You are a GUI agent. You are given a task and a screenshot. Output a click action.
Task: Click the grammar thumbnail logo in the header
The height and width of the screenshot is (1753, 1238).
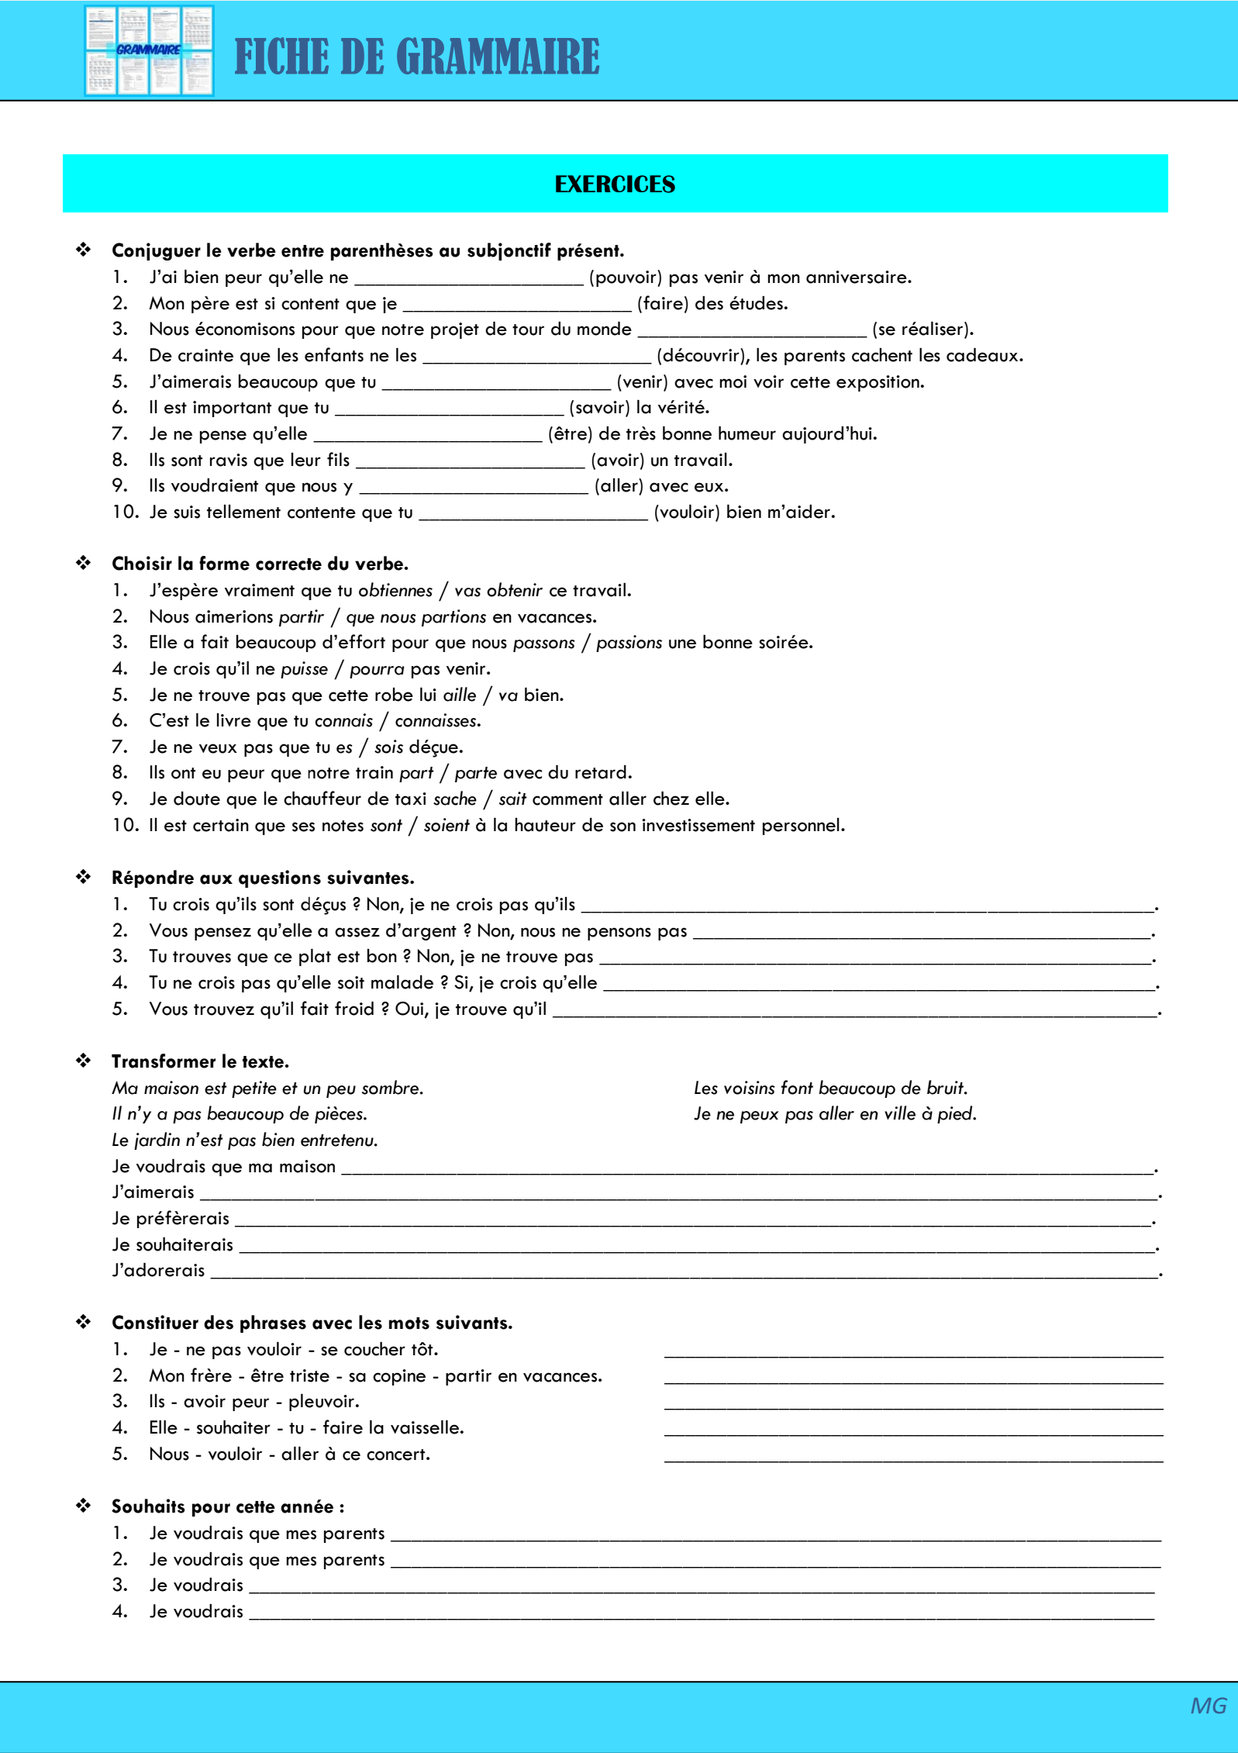[149, 50]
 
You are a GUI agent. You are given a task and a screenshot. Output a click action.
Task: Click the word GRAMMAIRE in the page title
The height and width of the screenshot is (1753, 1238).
[498, 57]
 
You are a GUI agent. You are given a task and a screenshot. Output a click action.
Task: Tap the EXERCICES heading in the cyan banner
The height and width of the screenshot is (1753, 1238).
[615, 185]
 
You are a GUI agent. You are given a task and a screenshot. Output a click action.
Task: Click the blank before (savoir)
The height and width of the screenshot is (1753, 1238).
[449, 409]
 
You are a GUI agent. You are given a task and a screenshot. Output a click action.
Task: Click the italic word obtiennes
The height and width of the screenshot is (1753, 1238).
[395, 591]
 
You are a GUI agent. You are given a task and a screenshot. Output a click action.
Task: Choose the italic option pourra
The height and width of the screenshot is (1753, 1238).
[377, 669]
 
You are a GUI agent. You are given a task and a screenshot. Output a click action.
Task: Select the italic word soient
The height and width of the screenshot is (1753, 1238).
[447, 826]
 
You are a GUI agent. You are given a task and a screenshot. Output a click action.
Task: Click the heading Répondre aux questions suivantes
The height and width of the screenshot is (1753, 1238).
[263, 878]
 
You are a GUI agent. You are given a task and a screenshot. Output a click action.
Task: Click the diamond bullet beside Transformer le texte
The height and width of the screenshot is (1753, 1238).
[84, 1061]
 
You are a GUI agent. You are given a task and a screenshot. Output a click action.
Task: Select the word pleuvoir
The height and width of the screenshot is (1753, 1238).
[323, 1402]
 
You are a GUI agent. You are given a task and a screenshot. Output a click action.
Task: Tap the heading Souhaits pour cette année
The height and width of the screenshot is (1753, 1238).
[228, 1507]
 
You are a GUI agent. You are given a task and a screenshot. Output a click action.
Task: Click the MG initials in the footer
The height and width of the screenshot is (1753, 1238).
[1208, 1706]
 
